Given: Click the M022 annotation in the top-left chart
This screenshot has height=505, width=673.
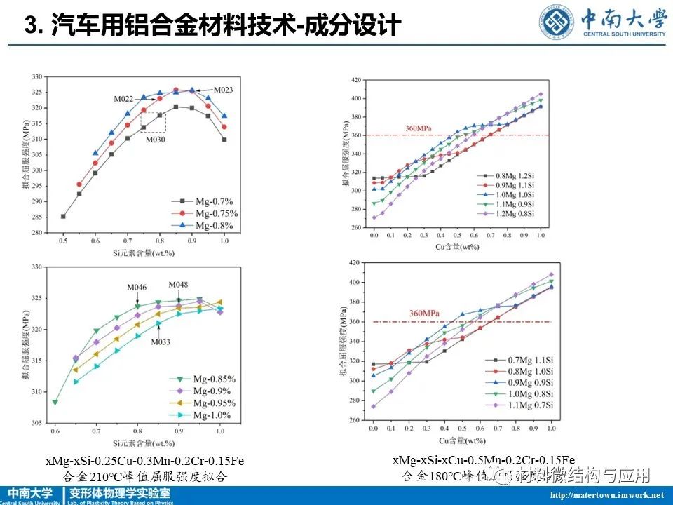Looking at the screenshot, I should tap(124, 99).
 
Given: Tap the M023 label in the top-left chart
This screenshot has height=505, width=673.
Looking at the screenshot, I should tap(223, 90).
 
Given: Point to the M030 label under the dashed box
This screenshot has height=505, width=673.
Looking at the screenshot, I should tap(156, 139).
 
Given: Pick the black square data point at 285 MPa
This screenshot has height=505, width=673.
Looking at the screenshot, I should tap(64, 216).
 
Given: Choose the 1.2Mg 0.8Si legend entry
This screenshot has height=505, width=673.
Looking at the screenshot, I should tap(510, 213).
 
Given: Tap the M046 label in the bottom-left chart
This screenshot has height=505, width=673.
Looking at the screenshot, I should tap(137, 288).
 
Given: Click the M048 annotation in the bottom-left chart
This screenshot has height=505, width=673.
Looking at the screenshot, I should tap(178, 285).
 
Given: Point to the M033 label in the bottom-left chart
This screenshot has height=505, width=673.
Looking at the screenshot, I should tap(161, 342).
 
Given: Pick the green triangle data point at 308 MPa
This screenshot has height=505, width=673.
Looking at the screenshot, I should tap(55, 402).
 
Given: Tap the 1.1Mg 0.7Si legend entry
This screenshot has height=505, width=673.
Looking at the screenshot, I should tap(519, 405).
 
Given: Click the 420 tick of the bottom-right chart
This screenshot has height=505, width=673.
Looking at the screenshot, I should tap(359, 263).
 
